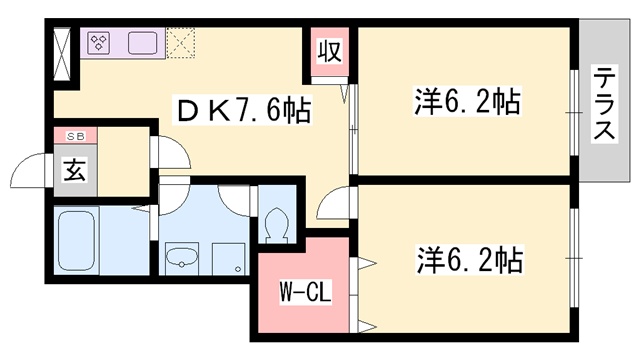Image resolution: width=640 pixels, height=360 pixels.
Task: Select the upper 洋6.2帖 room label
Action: tap(466, 102)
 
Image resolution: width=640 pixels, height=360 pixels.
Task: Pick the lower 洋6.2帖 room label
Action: tap(468, 262)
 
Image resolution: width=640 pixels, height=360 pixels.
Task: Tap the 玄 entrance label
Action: tap(75, 168)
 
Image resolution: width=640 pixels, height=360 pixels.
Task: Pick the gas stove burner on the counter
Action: tap(99, 42)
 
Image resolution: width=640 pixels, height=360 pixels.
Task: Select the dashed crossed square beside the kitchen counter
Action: tap(182, 42)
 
